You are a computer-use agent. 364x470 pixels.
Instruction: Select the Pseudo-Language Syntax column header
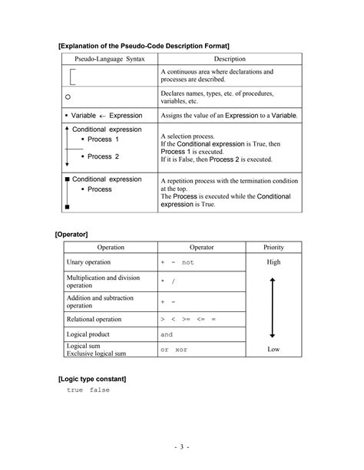pyautogui.click(x=108, y=59)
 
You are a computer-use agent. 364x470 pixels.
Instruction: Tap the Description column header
pyautogui.click(x=230, y=59)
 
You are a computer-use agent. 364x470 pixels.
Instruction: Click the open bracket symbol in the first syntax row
pyautogui.click(x=73, y=76)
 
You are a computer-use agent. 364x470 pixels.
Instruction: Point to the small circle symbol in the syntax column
pyautogui.click(x=68, y=97)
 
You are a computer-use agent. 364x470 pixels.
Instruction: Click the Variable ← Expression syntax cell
pyautogui.click(x=107, y=116)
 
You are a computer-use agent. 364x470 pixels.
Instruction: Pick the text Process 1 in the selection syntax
pyautogui.click(x=103, y=140)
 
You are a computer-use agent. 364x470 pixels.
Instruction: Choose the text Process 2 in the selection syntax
pyautogui.click(x=103, y=156)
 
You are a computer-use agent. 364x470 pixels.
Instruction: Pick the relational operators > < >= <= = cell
pyautogui.click(x=188, y=318)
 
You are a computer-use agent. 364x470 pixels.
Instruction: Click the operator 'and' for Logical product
pyautogui.click(x=167, y=334)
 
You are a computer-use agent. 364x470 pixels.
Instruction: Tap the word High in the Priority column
pyautogui.click(x=273, y=262)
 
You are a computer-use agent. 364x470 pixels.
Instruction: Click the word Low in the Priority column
pyautogui.click(x=273, y=350)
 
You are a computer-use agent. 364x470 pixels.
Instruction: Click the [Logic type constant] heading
pyautogui.click(x=92, y=379)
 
